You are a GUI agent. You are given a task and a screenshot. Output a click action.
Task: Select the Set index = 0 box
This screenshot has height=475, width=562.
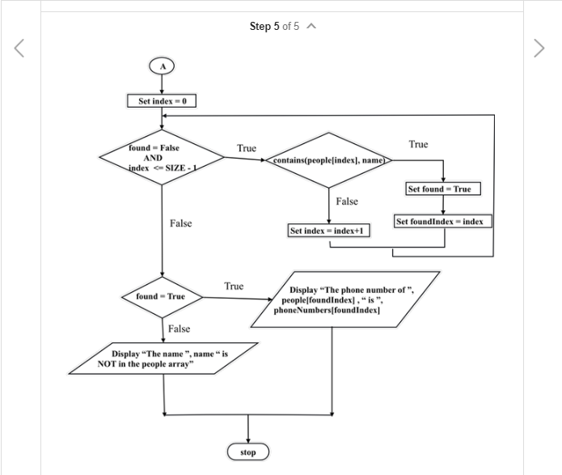(162, 101)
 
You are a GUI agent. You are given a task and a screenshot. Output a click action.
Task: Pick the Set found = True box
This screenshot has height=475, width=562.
(443, 189)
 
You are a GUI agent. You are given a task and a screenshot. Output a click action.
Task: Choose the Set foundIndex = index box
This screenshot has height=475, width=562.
(443, 220)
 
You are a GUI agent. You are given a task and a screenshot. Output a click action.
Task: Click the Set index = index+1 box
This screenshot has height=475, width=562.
(329, 231)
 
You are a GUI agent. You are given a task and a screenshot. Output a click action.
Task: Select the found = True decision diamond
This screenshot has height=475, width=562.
(162, 296)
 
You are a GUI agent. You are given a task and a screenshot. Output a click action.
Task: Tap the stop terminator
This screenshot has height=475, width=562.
(247, 452)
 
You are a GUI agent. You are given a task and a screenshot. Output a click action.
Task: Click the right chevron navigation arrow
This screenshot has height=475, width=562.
(540, 49)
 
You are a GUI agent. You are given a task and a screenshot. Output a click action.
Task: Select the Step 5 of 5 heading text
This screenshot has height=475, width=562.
(274, 27)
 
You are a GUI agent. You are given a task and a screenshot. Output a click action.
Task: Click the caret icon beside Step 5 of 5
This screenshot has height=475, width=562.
(311, 27)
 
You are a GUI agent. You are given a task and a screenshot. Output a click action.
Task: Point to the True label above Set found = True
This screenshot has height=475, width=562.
(418, 144)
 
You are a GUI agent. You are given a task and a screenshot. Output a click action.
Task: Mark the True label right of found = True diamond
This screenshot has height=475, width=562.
(234, 286)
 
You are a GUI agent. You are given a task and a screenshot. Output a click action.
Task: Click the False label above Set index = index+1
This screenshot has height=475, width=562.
(347, 201)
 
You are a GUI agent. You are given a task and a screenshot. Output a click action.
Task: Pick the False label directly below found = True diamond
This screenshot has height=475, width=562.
(179, 329)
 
